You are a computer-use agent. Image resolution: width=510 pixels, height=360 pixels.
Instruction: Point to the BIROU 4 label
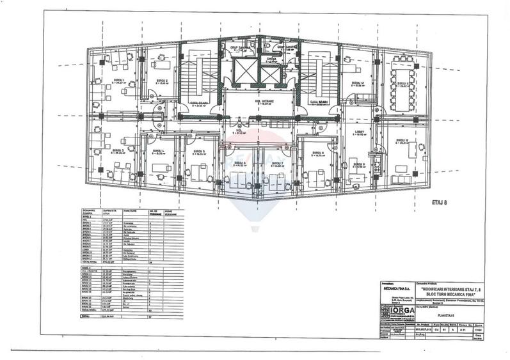pyautogui.click(x=158, y=152)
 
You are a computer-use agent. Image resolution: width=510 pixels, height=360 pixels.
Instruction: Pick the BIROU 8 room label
pyautogui.click(x=318, y=152)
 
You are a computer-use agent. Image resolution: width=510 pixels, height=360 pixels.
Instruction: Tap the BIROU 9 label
pyautogui.click(x=359, y=164)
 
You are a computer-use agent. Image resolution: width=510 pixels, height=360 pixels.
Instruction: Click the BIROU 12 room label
pyautogui.click(x=358, y=84)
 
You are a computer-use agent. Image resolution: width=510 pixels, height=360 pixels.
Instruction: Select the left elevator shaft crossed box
pyautogui.click(x=243, y=72)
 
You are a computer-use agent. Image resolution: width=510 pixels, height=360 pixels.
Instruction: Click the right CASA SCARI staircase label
pyautogui.click(x=318, y=103)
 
